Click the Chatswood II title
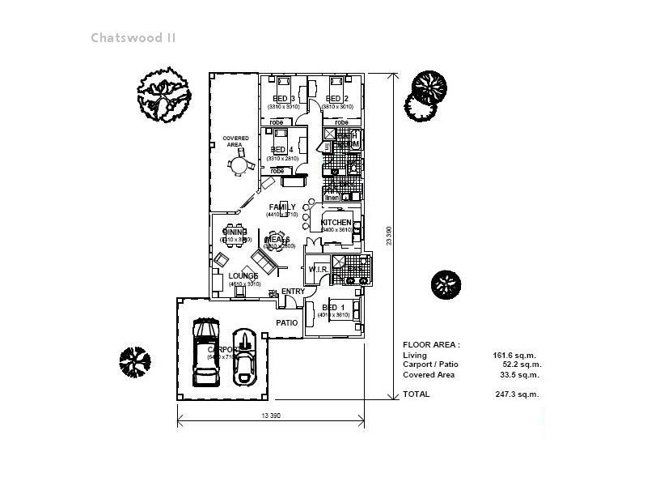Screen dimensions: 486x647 tap(133, 38)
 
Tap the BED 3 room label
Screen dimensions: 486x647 tap(283, 99)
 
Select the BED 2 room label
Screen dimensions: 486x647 tap(337, 99)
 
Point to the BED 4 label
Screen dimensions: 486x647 tap(282, 150)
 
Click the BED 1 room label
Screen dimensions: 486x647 tap(332, 308)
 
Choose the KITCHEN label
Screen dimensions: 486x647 tap(336, 223)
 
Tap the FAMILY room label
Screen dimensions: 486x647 tap(282, 207)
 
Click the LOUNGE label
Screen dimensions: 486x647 tap(243, 276)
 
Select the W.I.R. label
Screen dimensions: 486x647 tap(317, 270)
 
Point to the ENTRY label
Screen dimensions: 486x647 tap(293, 292)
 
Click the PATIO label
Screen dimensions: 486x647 tap(286, 323)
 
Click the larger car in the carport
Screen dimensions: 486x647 tap(205, 353)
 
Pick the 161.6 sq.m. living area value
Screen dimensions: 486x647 tap(514, 356)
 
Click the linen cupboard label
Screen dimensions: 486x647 tap(332, 198)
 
